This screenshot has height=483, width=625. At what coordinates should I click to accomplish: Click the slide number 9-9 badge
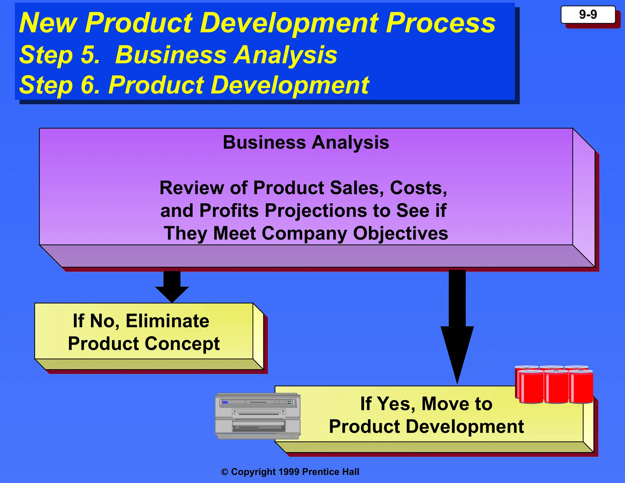[x=588, y=15]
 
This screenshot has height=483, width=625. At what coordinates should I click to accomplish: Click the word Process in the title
[x=441, y=23]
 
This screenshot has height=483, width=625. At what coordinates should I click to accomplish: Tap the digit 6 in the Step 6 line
[x=89, y=85]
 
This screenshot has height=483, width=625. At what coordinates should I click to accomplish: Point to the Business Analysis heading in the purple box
[x=306, y=142]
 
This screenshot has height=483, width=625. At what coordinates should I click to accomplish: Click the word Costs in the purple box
[x=418, y=187]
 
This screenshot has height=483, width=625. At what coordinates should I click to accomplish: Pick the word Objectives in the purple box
[x=400, y=233]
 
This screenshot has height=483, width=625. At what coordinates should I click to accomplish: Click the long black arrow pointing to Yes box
[x=457, y=327]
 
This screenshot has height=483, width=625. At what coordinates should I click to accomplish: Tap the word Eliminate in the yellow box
[x=167, y=321]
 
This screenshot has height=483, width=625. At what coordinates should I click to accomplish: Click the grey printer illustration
[x=258, y=416]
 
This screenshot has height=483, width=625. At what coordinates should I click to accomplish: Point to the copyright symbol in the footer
[x=225, y=472]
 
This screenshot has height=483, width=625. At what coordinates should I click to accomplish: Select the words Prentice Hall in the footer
[x=331, y=472]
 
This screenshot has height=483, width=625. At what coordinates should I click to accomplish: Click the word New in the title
[x=48, y=23]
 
